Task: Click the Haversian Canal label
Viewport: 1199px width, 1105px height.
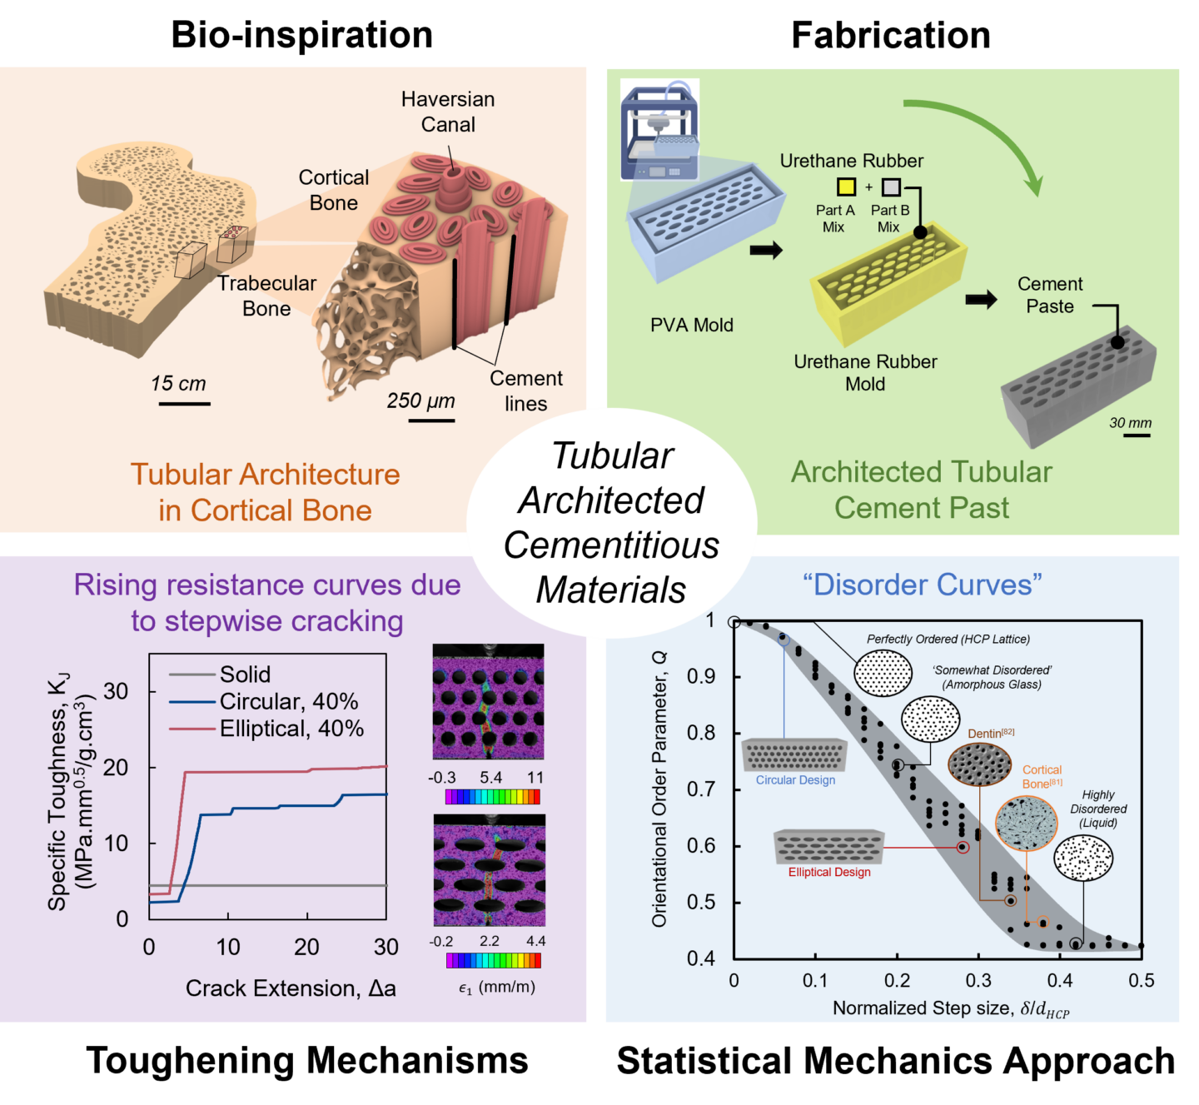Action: (448, 112)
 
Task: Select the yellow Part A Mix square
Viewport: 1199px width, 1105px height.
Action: (846, 187)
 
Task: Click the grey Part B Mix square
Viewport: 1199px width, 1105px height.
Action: (891, 187)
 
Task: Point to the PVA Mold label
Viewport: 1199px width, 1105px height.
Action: (692, 326)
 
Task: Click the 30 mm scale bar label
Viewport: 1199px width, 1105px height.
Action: (1130, 423)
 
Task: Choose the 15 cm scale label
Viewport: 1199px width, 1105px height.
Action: (178, 384)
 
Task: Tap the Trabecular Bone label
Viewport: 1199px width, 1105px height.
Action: (266, 296)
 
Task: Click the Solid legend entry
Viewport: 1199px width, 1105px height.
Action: (245, 674)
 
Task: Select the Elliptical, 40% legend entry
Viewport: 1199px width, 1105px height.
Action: (291, 729)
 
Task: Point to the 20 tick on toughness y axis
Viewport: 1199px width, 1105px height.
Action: (116, 768)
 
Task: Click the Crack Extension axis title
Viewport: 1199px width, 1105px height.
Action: (291, 988)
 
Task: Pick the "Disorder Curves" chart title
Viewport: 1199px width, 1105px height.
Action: (923, 585)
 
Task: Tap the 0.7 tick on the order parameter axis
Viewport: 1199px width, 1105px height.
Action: (702, 789)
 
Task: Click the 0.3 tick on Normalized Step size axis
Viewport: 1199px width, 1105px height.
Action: (978, 981)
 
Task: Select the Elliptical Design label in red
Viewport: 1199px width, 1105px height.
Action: (829, 872)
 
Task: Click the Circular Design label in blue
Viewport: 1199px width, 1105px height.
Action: (795, 780)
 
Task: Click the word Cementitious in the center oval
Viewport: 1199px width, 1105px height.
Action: (611, 545)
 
